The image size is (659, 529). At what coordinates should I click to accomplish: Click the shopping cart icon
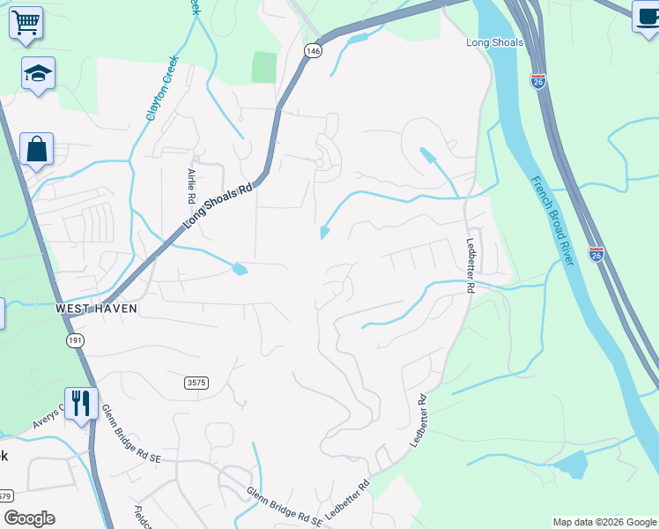(x=26, y=21)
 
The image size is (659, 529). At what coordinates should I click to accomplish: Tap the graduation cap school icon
(x=38, y=74)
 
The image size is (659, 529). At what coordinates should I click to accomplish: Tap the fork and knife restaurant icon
(x=81, y=403)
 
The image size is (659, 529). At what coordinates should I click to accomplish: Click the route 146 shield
(x=313, y=51)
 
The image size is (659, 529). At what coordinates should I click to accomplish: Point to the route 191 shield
(x=73, y=339)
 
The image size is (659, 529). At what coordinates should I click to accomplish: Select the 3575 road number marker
(x=197, y=382)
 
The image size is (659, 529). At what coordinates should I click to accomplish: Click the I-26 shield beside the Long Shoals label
(x=539, y=80)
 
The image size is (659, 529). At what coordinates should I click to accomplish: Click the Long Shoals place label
(x=494, y=42)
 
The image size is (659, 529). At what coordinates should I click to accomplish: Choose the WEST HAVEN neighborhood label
(x=94, y=309)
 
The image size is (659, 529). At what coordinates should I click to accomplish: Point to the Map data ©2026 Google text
(x=603, y=522)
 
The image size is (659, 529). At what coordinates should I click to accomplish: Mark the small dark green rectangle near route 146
(x=263, y=67)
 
